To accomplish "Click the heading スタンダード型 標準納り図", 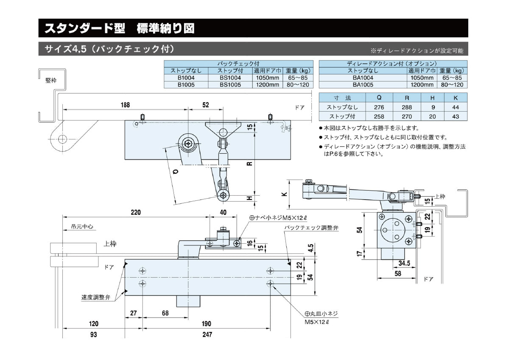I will point(119,28).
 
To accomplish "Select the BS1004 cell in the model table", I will point(230,78).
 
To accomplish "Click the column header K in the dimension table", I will point(456,97).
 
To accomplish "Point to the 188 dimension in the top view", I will point(125,105).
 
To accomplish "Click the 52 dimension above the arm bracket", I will point(206,105).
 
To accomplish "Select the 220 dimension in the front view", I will point(135,212).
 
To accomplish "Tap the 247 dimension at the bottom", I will point(207,335).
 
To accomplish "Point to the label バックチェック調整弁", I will point(311,228).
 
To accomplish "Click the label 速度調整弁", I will point(95,298).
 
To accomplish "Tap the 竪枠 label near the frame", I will point(50,80).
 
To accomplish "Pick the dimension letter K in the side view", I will point(284,194).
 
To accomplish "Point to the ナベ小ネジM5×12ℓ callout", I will point(277,217).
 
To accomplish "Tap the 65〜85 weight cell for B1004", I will point(297,78).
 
